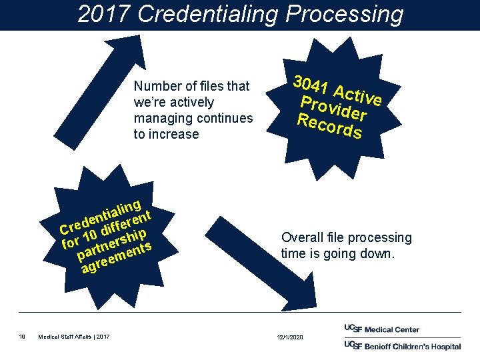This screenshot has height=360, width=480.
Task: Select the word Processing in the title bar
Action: [x=346, y=14]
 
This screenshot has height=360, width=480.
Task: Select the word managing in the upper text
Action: [x=163, y=118]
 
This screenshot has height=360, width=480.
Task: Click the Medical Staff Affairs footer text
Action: [x=75, y=337]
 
